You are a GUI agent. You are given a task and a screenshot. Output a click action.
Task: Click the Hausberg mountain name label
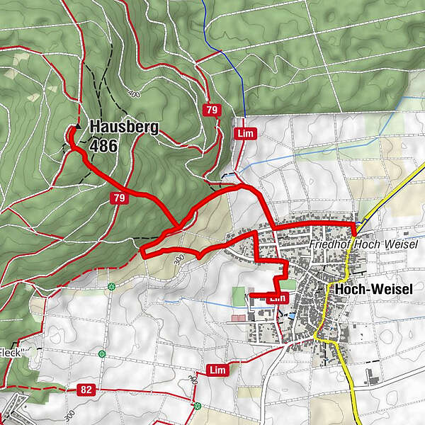pos(124,127)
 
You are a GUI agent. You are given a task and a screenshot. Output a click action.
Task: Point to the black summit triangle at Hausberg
pos(78,126)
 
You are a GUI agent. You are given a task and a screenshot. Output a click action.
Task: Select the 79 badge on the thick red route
pos(119,199)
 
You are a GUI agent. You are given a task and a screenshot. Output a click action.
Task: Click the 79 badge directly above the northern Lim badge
pos(211,110)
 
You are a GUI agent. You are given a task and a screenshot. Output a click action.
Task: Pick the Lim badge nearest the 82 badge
pos(218,370)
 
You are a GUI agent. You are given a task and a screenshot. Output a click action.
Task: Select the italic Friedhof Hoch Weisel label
pos(364,244)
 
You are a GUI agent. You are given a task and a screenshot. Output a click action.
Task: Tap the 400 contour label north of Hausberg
pos(133,93)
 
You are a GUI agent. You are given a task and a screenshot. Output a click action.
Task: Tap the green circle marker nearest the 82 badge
pos(103,353)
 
